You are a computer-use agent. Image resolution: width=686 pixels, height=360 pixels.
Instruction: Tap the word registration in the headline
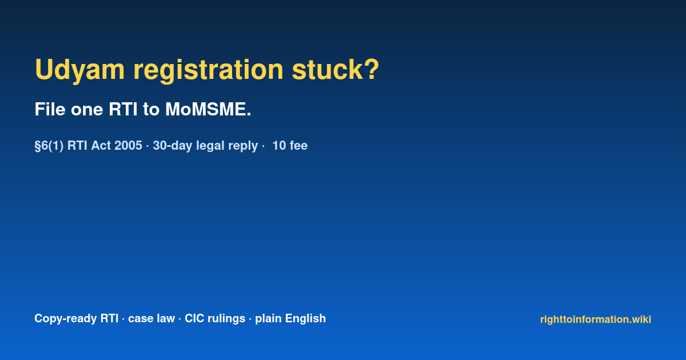click(208, 70)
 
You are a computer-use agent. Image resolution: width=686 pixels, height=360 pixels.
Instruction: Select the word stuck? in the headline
click(336, 69)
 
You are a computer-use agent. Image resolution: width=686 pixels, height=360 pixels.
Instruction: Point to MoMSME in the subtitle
click(208, 109)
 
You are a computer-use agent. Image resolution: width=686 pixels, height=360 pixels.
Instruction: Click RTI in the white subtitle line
click(123, 109)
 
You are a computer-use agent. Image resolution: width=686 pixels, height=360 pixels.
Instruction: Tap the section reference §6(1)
click(49, 146)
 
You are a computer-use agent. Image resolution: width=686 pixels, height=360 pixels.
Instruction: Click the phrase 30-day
click(173, 146)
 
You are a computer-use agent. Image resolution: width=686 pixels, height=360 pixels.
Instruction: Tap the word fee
click(299, 145)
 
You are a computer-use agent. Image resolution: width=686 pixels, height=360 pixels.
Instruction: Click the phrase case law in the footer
click(151, 318)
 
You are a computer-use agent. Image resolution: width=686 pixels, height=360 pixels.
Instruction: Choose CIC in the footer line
click(194, 318)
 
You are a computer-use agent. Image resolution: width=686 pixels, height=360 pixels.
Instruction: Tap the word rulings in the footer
click(226, 319)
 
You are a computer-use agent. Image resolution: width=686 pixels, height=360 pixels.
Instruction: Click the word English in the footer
click(305, 319)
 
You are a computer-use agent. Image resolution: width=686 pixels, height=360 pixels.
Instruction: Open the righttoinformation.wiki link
click(596, 319)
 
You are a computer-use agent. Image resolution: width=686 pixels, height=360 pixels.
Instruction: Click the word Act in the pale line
click(101, 145)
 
